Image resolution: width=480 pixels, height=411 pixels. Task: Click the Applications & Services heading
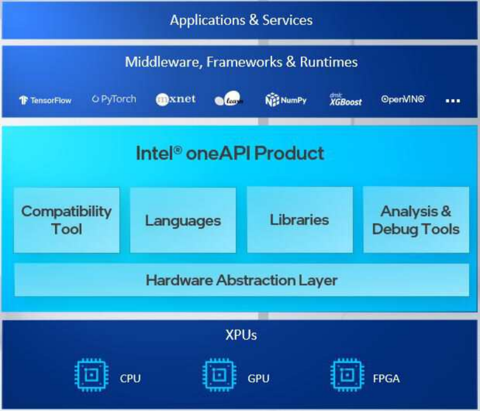[241, 20]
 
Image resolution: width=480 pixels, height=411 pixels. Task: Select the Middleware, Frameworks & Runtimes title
[241, 62]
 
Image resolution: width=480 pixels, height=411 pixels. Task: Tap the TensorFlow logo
[45, 100]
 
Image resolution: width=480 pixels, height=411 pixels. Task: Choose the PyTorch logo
[114, 99]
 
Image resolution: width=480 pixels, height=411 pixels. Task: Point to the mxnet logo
[176, 99]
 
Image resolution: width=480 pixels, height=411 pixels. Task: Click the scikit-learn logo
[229, 100]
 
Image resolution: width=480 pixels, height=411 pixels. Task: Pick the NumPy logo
[286, 100]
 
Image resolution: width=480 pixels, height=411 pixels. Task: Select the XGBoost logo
[345, 100]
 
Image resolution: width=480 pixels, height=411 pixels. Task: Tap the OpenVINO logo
[403, 99]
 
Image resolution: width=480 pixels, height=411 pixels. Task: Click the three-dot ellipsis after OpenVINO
[453, 100]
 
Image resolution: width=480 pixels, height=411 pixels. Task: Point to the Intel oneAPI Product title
[230, 154]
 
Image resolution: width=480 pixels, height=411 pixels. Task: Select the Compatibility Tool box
[67, 220]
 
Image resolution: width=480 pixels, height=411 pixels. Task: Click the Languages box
[183, 220]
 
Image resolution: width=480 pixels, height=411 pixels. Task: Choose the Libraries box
[300, 220]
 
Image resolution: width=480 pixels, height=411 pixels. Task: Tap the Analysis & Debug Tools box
[416, 220]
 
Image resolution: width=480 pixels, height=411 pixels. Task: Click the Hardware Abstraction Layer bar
[241, 280]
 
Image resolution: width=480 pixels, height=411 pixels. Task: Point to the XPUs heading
[241, 335]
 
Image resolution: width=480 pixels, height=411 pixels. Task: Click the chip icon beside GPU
[218, 375]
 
